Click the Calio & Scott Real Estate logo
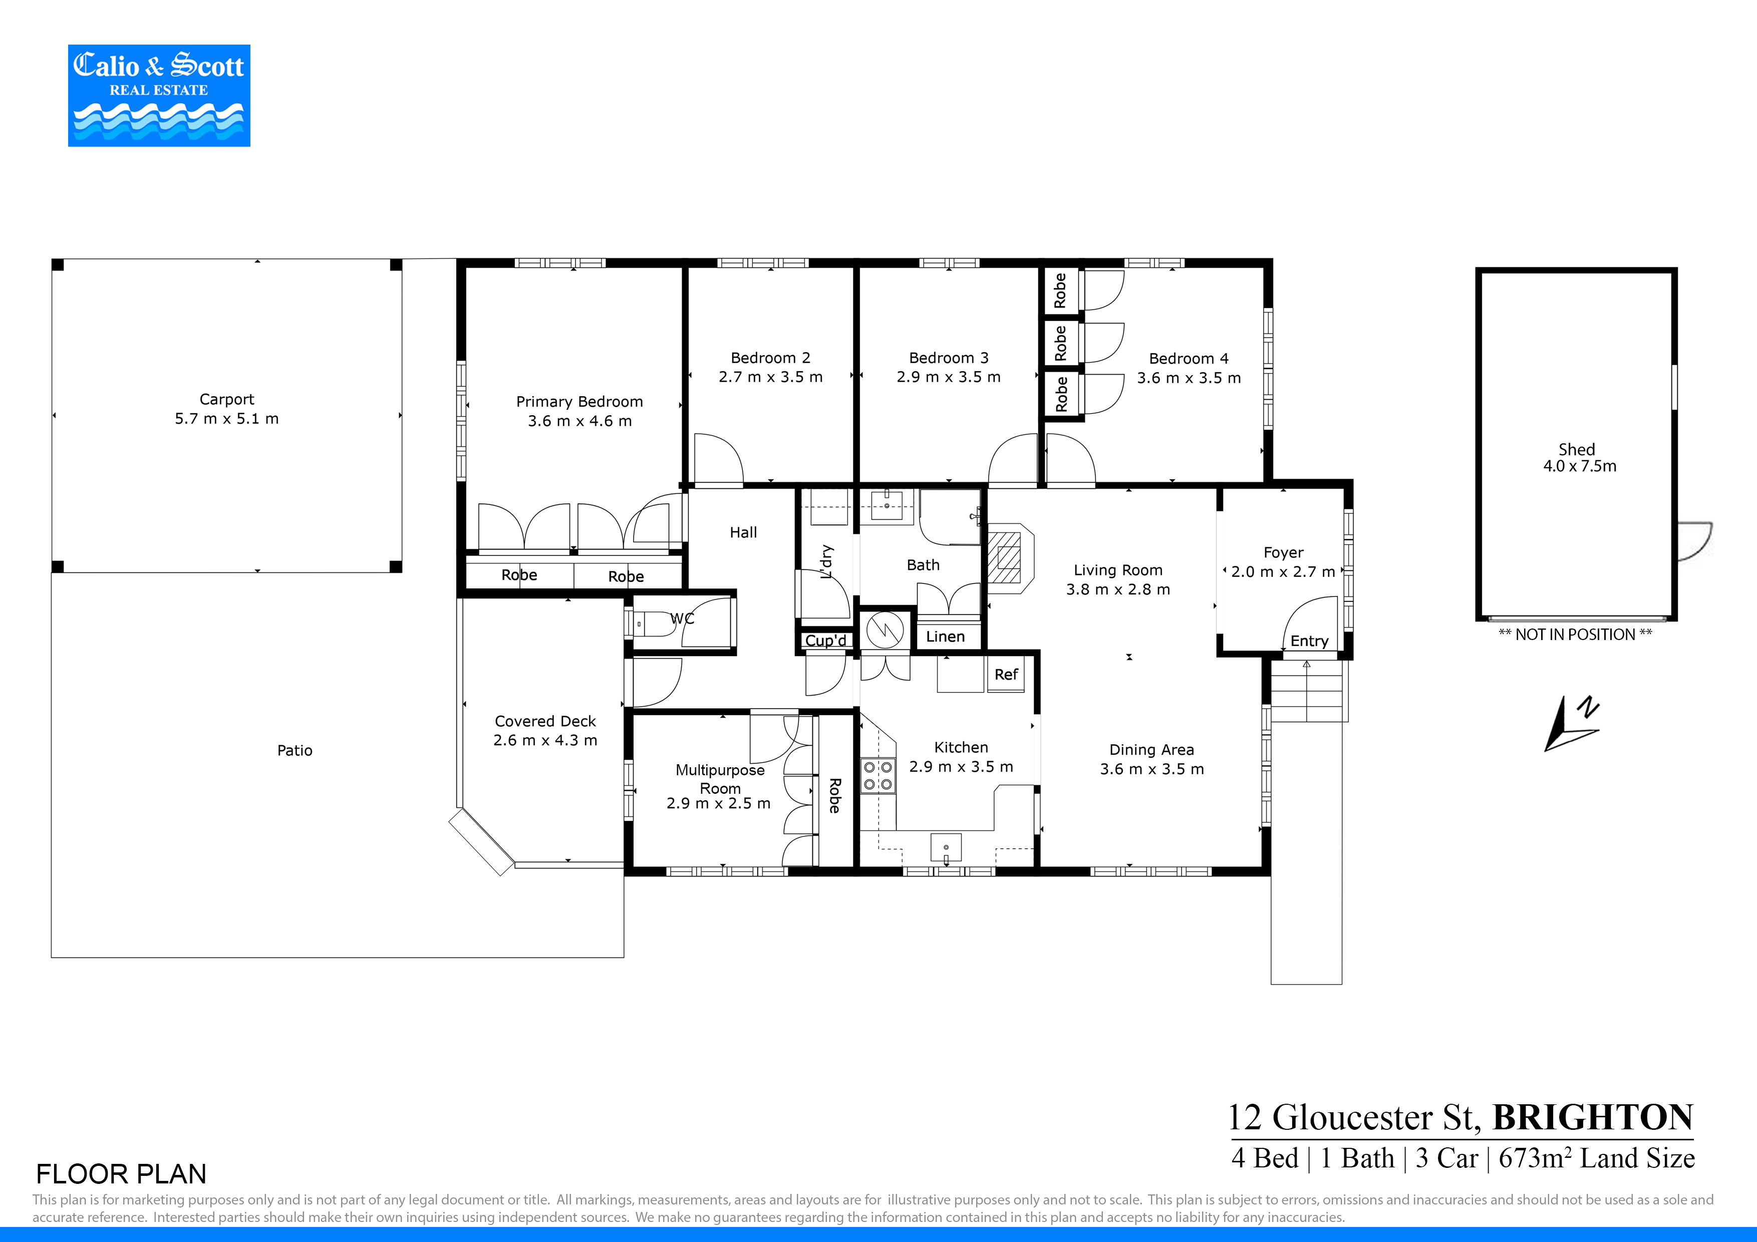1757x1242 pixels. (x=159, y=96)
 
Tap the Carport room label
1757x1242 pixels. (x=226, y=400)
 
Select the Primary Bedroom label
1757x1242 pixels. (x=579, y=402)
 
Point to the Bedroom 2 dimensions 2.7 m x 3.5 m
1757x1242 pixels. (x=771, y=377)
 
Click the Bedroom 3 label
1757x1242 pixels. (x=949, y=358)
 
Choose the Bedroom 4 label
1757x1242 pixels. (x=1189, y=359)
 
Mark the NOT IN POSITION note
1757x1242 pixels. (x=1575, y=635)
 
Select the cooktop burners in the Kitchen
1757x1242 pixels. (x=877, y=775)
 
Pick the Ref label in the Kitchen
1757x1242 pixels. (x=1006, y=674)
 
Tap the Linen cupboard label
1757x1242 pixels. (x=945, y=637)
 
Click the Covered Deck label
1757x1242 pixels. (x=545, y=722)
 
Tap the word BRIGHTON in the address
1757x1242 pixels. (x=1593, y=1117)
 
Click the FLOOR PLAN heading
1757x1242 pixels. (x=121, y=1174)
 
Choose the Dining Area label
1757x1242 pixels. (x=1151, y=750)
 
